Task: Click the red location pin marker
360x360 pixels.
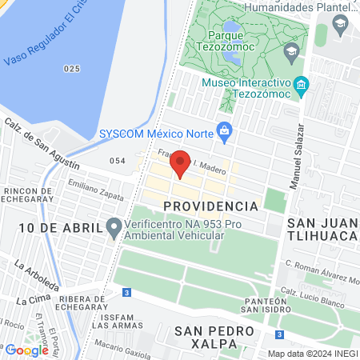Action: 181,162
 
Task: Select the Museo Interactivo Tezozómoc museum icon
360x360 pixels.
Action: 301,84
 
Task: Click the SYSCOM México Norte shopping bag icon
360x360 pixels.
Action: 225,128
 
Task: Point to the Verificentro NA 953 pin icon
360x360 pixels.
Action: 114,227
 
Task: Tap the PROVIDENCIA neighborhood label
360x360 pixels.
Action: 210,206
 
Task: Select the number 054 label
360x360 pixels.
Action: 118,161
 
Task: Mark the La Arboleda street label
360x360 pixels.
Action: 37,274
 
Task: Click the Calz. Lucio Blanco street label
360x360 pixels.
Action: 320,295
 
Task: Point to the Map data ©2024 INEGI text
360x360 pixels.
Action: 312,354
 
